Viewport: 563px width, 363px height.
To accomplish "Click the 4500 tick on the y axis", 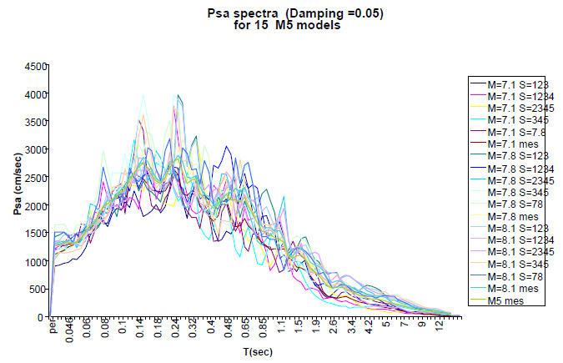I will (x=33, y=66).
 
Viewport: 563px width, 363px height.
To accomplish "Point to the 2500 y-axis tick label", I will (x=33, y=178).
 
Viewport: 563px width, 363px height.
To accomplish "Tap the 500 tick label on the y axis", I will (x=36, y=290).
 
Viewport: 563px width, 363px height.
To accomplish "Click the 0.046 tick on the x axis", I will (x=68, y=335).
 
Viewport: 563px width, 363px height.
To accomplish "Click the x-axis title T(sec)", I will (x=254, y=352).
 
